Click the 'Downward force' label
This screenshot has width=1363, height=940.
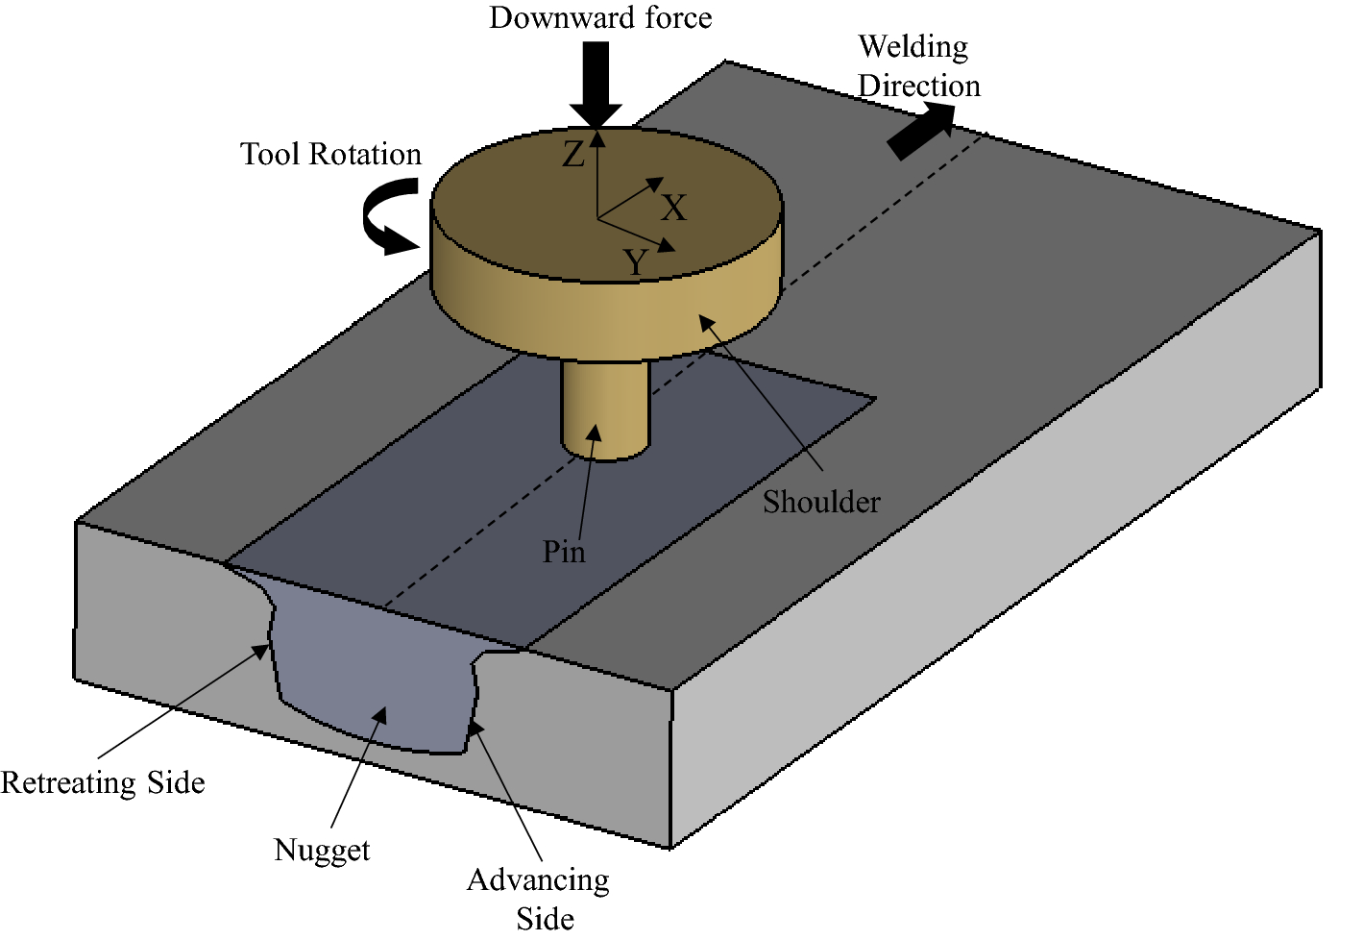point(600,18)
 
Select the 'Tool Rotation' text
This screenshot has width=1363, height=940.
point(330,155)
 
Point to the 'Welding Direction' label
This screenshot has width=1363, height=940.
point(917,66)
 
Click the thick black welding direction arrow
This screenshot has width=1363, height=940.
point(921,131)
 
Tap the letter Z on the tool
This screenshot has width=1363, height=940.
point(573,155)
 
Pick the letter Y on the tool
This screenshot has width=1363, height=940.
point(636,262)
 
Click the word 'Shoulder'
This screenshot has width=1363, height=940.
point(821,502)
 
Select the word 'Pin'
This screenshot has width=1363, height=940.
point(564,552)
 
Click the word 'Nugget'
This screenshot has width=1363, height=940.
point(322,850)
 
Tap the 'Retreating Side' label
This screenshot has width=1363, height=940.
point(103,782)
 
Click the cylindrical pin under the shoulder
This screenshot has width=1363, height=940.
point(606,408)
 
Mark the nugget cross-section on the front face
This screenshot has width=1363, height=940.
point(375,673)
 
